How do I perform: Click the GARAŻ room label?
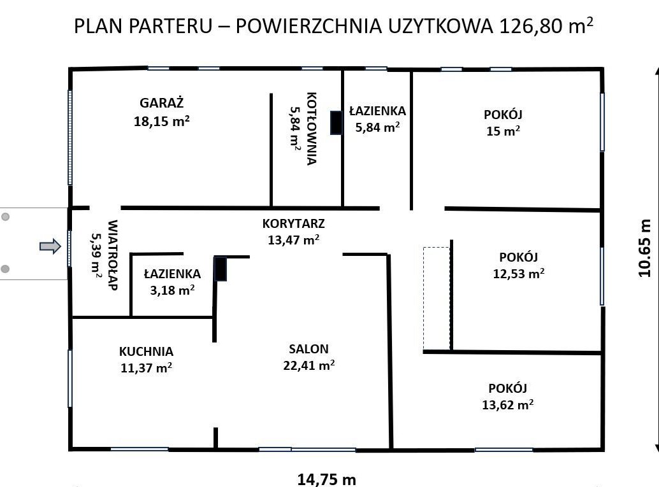tap(162, 102)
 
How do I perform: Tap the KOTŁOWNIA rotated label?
tap(312, 129)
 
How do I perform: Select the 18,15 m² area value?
tap(162, 122)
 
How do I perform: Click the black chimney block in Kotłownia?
tap(337, 123)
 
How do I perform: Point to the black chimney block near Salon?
tap(221, 269)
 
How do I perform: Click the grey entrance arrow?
tap(50, 246)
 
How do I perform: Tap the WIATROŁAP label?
tap(112, 255)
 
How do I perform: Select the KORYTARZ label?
tap(293, 223)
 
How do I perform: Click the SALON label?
tap(308, 349)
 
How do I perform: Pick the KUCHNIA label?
tap(146, 351)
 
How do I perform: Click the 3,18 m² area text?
tap(172, 290)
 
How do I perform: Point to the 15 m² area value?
tap(503, 131)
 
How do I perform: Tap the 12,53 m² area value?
tap(519, 274)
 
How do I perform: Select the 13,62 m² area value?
tap(508, 405)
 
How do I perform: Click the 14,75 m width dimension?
tap(326, 479)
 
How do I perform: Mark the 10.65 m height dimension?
tap(644, 248)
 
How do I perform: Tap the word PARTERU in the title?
tap(170, 26)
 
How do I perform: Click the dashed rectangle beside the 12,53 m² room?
tap(437, 299)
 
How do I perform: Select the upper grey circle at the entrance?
tap(6, 216)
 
